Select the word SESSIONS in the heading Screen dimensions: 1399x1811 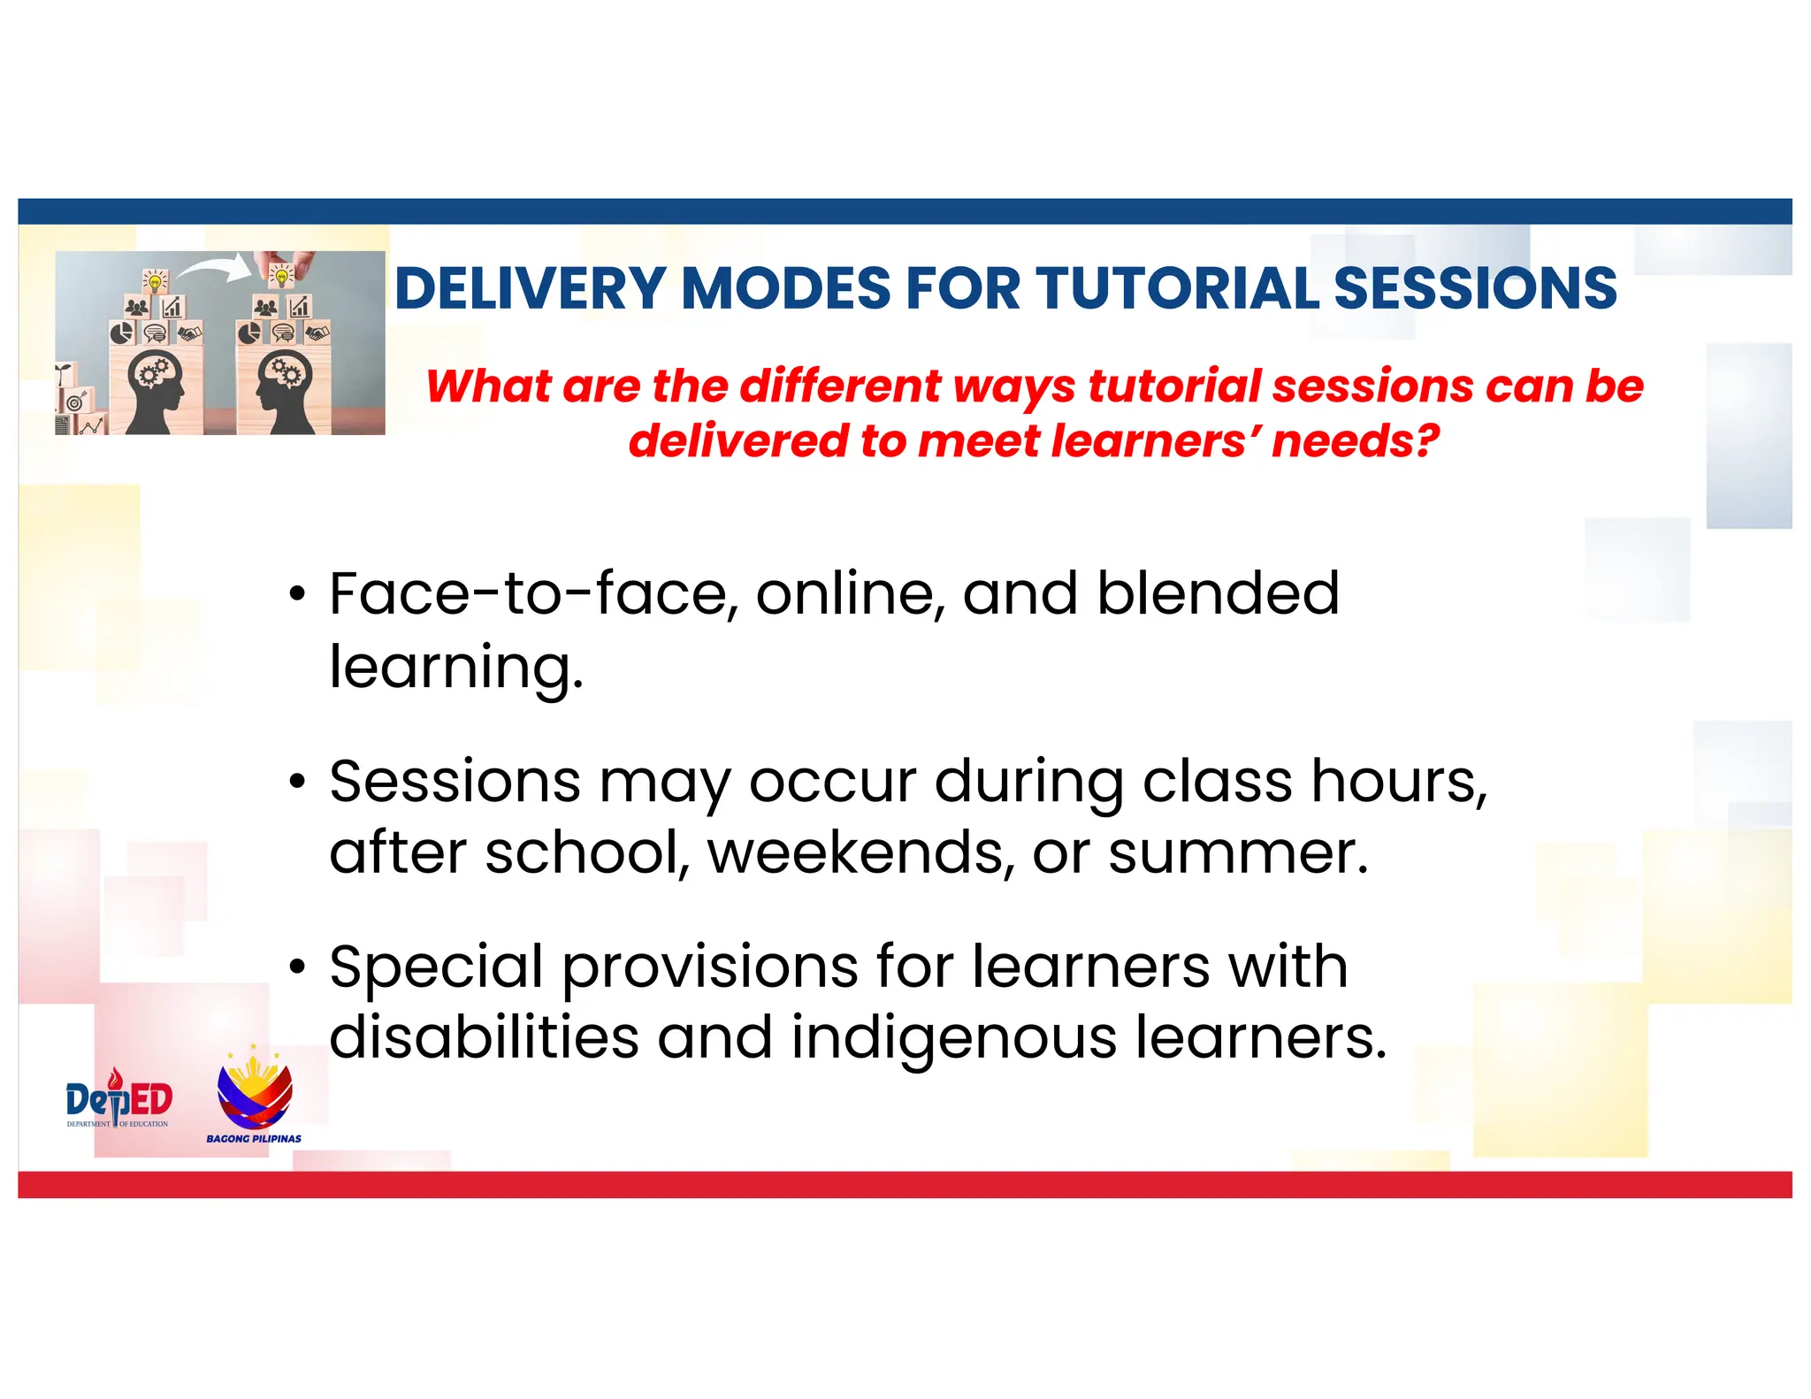pos(1475,288)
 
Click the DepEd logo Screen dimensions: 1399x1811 pos(118,1100)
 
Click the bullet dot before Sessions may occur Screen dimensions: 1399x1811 pos(298,782)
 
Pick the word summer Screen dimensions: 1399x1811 pos(1238,854)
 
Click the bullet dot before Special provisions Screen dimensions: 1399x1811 pos(298,967)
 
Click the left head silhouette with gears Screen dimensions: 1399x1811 pos(156,389)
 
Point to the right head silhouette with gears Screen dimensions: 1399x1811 pos(283,389)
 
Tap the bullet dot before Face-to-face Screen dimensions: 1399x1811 pos(298,594)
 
